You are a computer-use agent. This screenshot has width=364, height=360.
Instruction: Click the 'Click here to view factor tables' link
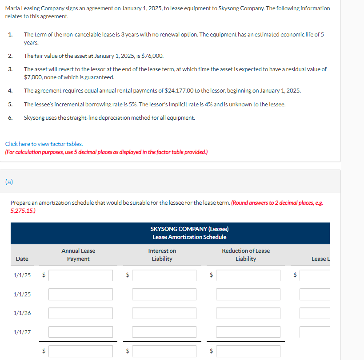tap(44, 144)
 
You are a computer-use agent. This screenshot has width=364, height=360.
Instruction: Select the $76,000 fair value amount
tap(152, 56)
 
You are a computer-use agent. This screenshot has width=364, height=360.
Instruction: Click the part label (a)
tap(9, 181)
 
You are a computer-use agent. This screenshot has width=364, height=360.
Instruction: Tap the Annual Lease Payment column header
tap(78, 255)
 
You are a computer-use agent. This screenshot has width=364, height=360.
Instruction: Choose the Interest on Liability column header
tap(162, 255)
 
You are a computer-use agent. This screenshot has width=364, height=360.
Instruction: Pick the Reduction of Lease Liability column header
tap(246, 255)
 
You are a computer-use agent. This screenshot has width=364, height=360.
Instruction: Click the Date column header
tap(22, 259)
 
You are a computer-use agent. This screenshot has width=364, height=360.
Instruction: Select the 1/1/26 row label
tap(22, 313)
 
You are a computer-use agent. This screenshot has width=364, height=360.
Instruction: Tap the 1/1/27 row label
tap(22, 332)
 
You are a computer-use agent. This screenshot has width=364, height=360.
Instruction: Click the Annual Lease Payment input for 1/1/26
tap(80, 313)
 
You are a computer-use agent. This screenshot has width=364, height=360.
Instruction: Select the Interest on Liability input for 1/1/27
tap(164, 332)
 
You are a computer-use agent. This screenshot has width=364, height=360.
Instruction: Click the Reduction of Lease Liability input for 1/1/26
tap(248, 313)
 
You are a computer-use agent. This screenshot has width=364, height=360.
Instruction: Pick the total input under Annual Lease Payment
tap(80, 351)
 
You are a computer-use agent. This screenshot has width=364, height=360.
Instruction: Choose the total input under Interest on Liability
tap(164, 351)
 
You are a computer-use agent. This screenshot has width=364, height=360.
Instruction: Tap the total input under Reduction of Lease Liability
tap(248, 351)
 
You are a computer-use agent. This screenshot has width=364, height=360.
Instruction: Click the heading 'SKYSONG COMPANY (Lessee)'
tap(189, 229)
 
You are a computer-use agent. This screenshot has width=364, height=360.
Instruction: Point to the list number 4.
tap(10, 90)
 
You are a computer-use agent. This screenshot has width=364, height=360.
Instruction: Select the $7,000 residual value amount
tap(33, 77)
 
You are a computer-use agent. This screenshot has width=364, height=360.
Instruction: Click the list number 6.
tap(10, 117)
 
